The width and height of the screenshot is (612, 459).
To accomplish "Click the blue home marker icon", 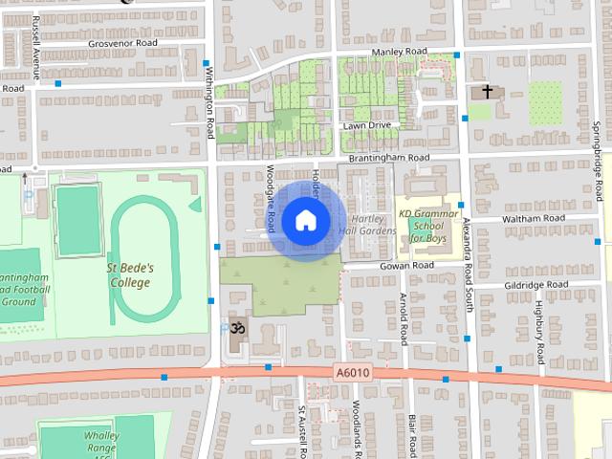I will point(305,221).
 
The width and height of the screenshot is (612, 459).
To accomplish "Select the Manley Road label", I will point(399,51).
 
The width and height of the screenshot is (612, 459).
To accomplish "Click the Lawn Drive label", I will point(368,125).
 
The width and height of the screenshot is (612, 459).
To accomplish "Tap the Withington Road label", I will point(209,105).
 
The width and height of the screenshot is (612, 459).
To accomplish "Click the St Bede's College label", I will point(129,275).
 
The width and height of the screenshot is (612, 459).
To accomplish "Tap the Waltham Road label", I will point(527,219).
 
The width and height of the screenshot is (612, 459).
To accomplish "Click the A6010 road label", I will point(352,371).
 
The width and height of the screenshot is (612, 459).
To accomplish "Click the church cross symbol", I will point(488,92).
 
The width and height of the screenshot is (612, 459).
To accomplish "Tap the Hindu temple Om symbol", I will point(233,328).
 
